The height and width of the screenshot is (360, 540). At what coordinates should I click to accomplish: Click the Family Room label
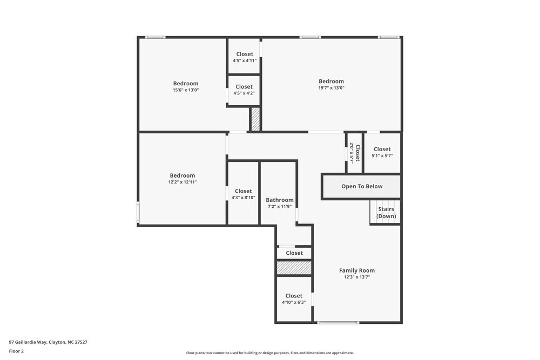point(356,270)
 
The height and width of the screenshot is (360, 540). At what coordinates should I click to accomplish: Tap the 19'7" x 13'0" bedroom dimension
point(331,88)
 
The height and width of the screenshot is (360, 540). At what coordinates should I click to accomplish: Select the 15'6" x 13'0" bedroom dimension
point(185,90)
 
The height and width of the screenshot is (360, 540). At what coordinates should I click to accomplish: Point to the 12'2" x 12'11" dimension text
point(182,182)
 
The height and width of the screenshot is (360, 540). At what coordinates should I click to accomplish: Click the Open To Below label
point(361,186)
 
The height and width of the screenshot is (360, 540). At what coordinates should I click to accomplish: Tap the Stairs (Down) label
point(386,213)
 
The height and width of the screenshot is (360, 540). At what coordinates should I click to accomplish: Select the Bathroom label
point(279,200)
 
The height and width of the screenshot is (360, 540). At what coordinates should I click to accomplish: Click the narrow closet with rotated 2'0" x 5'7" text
point(354,153)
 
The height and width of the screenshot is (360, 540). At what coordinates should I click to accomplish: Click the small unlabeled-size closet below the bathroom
point(294,253)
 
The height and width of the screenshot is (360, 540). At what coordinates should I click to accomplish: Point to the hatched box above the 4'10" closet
point(294,268)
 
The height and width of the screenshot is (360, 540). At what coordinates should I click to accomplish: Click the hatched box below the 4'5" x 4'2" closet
point(255,119)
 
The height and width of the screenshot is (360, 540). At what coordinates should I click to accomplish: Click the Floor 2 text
point(16,351)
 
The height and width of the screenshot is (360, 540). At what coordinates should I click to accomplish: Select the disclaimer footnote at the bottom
point(269,352)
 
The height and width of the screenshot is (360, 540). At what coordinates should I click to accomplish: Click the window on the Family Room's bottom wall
point(338,322)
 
